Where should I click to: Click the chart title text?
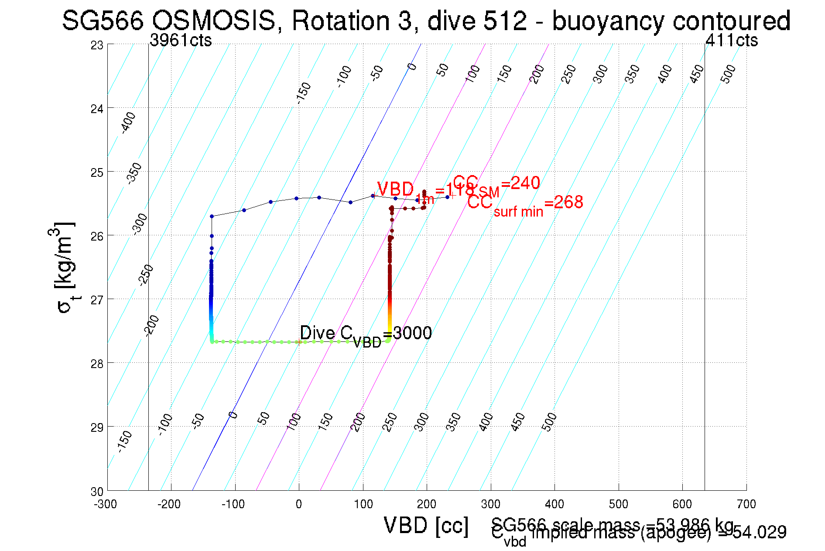point(426,21)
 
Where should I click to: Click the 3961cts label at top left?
point(181,40)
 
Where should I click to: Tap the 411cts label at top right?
point(732,40)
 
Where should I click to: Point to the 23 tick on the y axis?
point(97,45)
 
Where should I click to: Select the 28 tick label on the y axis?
point(97,364)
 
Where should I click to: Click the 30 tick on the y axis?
point(97,492)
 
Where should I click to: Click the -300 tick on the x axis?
point(106,504)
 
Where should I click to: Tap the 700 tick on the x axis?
point(746,504)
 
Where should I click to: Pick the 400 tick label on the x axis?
point(555,504)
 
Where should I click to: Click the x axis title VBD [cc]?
point(426,525)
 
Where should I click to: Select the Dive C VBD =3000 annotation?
point(366,335)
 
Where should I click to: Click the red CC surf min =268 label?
point(525,203)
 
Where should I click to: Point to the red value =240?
point(520,183)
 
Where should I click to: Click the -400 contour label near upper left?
point(128,123)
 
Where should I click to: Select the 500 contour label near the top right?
point(728,73)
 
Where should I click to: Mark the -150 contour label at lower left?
point(124,441)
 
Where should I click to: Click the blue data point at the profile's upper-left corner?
point(212,216)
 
